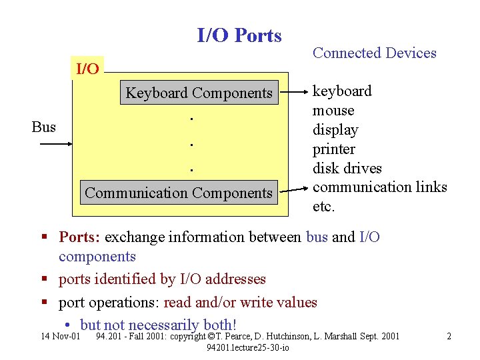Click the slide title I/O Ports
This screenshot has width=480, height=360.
239,35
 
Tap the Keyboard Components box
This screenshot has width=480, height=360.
199,93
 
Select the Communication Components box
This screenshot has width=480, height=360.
179,193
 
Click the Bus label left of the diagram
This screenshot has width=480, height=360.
44,127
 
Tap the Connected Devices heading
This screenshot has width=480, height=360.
374,53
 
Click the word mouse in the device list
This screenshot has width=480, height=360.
333,111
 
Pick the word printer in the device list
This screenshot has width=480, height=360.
334,149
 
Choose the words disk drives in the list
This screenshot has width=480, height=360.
347,169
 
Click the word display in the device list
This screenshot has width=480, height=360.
335,130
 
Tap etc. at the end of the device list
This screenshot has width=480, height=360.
323,207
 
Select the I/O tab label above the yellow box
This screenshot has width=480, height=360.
88,69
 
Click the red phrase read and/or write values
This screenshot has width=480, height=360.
240,303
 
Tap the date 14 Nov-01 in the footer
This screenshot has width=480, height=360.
61,336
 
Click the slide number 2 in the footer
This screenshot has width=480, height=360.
449,336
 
